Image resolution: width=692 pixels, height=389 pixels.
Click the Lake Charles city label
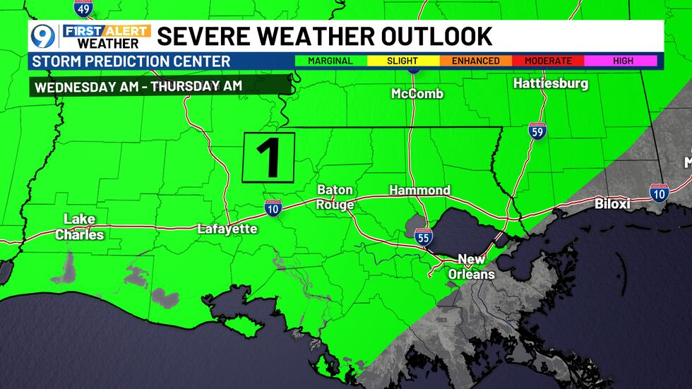(x=79, y=227)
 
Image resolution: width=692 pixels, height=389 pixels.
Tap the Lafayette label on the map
(x=227, y=229)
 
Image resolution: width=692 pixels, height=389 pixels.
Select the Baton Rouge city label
(x=335, y=197)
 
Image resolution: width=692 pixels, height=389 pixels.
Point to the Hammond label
(x=419, y=190)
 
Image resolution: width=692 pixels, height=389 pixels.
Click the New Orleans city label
(x=471, y=266)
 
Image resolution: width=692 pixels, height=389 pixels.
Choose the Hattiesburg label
(x=550, y=83)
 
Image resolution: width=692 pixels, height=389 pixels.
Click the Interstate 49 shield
(x=83, y=8)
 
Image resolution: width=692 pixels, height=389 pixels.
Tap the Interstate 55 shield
(x=423, y=238)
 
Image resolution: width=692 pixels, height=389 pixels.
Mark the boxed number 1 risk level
(x=268, y=157)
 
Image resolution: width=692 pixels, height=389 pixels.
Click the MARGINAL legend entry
(x=330, y=61)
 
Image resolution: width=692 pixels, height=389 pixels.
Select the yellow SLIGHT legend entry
(x=402, y=61)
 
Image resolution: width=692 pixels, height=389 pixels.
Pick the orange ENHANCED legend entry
(x=475, y=61)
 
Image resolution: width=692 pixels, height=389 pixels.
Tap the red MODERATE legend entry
(x=549, y=61)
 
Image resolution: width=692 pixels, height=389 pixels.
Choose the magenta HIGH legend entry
(x=622, y=61)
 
